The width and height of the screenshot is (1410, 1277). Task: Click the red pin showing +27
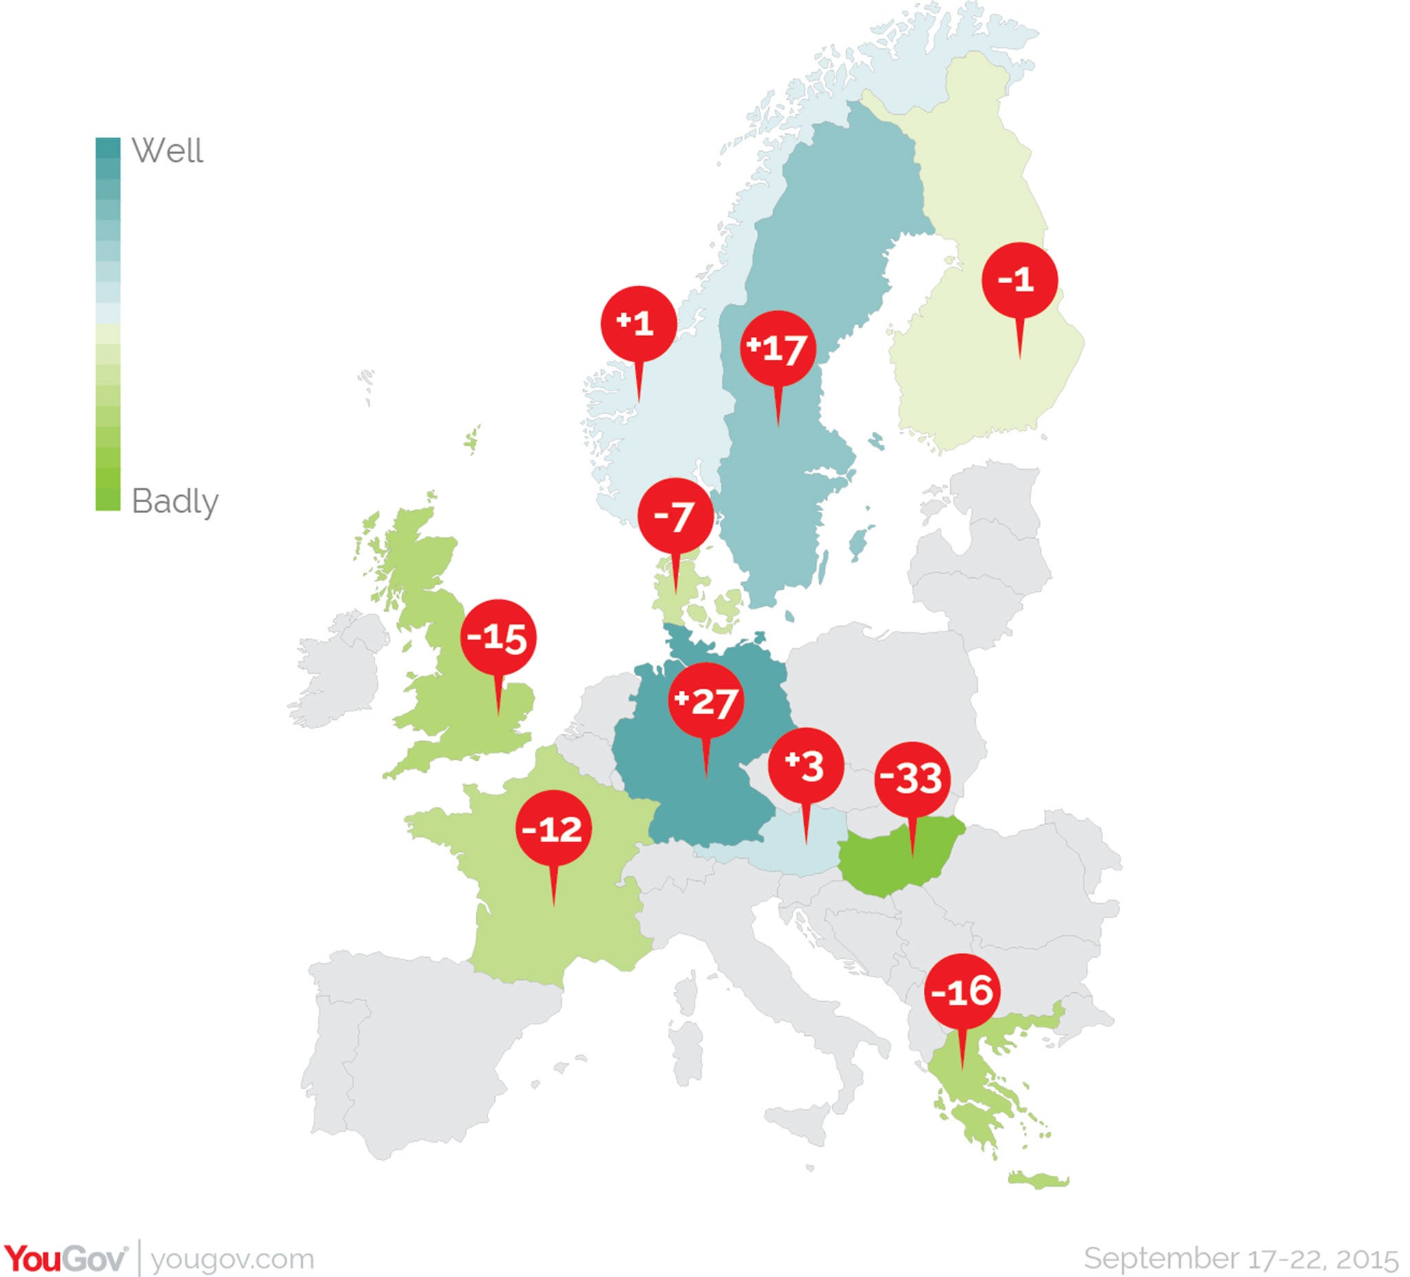(705, 701)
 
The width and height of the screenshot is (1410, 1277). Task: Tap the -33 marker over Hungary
(912, 778)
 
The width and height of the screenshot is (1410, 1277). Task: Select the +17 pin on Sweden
(778, 348)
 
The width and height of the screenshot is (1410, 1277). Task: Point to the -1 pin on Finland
(1019, 280)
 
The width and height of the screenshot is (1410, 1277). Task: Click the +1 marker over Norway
(638, 323)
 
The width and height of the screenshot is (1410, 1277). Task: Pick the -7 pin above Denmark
(675, 516)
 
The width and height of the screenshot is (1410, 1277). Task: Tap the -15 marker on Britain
(498, 637)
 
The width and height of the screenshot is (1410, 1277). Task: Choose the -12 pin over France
(554, 829)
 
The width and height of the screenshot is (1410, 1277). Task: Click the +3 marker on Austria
(806, 765)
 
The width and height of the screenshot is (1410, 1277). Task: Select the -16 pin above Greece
(962, 991)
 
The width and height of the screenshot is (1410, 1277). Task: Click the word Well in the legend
(167, 150)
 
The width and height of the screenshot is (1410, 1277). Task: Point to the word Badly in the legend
(175, 501)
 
